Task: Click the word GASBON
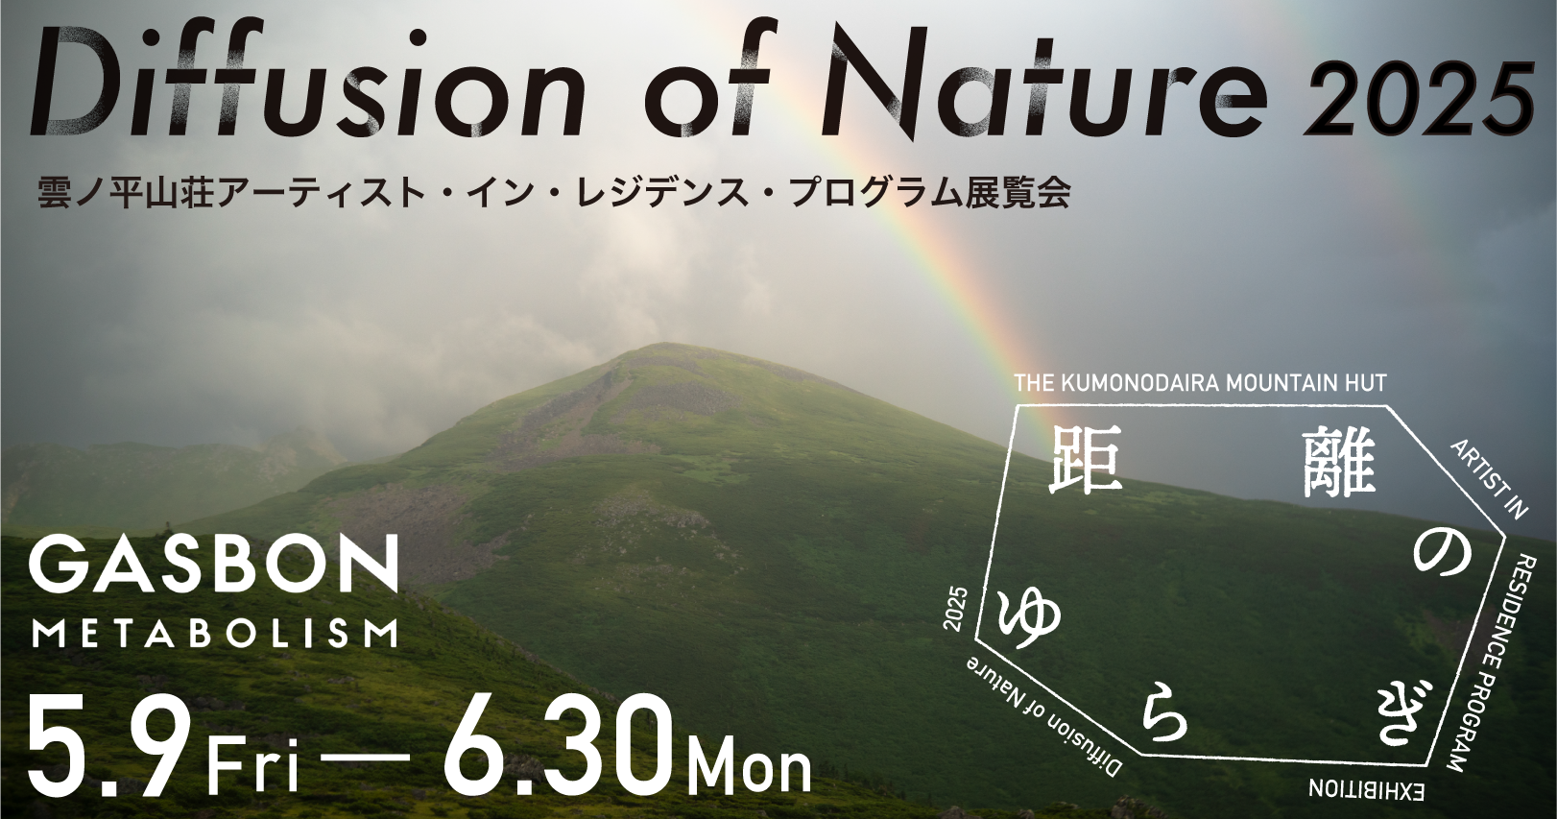213,564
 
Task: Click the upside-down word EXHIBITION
1367,791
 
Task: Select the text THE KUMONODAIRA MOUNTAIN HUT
1201,383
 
